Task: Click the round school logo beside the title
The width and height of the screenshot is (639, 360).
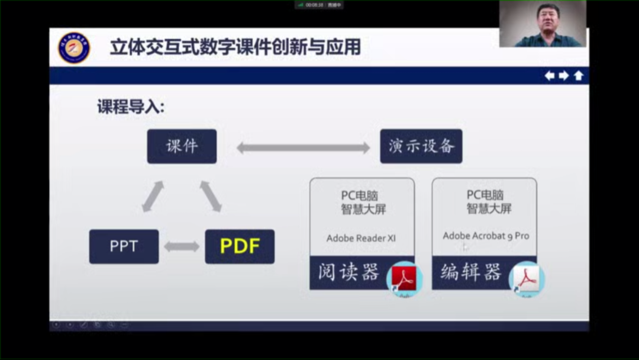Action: [x=74, y=48]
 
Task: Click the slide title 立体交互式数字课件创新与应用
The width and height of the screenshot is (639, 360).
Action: [x=235, y=47]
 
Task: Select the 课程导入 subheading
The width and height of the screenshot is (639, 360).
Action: [x=131, y=107]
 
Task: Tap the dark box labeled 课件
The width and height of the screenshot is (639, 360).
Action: [x=182, y=146]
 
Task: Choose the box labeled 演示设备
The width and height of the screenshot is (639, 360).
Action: [x=421, y=146]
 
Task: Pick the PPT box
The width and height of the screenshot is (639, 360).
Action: [x=124, y=246]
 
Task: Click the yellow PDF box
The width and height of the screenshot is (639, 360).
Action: [x=240, y=246]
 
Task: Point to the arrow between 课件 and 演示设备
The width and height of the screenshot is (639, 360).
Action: [x=298, y=147]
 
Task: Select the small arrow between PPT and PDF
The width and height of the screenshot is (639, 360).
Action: [x=182, y=246]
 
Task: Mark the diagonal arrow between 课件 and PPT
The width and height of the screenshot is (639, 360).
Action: [x=153, y=197]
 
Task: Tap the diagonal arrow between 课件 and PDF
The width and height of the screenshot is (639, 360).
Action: [x=210, y=197]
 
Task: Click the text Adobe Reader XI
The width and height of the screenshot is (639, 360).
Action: [x=361, y=239]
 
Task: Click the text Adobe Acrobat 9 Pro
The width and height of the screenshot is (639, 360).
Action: [x=486, y=236]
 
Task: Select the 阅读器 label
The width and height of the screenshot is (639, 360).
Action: [x=348, y=272]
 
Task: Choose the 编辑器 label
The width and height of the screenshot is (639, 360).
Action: [x=470, y=272]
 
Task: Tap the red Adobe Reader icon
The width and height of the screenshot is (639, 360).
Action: [x=404, y=278]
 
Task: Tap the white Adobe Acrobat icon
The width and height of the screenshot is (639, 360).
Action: [x=526, y=278]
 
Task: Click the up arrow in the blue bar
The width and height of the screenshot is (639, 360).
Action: [x=578, y=76]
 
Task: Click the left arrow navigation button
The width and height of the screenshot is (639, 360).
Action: [x=550, y=76]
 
